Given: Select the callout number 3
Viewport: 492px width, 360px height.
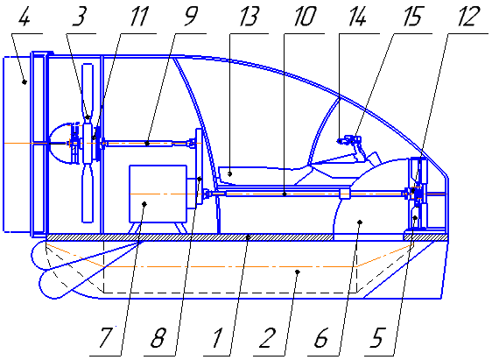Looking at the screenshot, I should (81, 17).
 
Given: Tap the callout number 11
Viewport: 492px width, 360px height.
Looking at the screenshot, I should (115, 17).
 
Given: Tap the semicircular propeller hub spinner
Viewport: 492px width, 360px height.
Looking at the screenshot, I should (60, 143).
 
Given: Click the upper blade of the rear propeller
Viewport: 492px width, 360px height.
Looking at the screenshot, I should (88, 92).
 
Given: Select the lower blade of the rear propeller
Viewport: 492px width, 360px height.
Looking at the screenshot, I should (88, 193).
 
